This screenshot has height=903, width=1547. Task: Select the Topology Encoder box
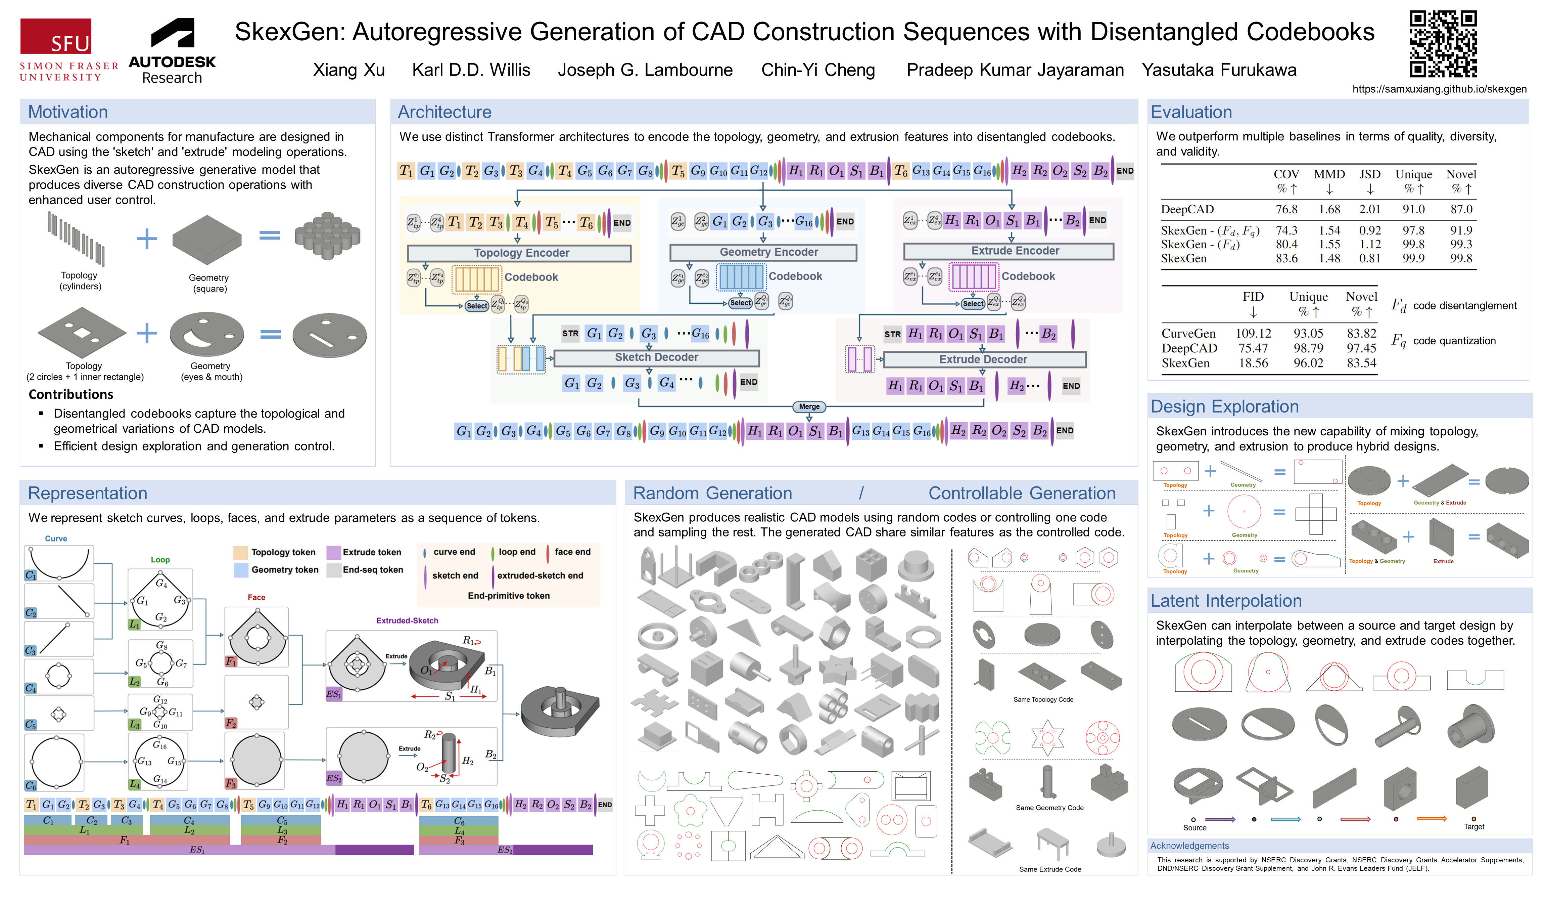point(519,253)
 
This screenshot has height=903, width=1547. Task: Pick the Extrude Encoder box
point(1009,251)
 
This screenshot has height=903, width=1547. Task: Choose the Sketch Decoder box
point(656,357)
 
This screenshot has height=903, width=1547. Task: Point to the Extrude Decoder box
point(983,359)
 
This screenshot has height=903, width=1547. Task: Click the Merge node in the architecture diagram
point(809,407)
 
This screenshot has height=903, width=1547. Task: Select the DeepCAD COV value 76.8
point(1286,210)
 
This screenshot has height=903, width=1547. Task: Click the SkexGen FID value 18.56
point(1253,363)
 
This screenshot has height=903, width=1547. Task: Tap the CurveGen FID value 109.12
point(1253,334)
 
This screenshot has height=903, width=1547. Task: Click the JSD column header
point(1370,174)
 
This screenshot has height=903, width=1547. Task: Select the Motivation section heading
point(68,112)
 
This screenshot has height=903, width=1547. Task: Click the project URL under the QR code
point(1439,89)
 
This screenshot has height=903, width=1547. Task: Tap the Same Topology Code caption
point(1043,700)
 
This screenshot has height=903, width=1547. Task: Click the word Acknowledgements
point(1189,846)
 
